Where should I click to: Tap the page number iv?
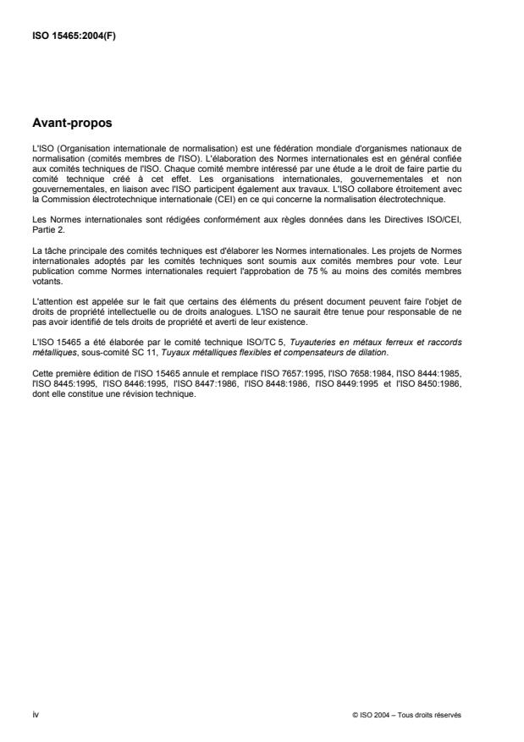tap(35, 714)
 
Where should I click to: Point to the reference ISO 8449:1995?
tap(367, 382)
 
